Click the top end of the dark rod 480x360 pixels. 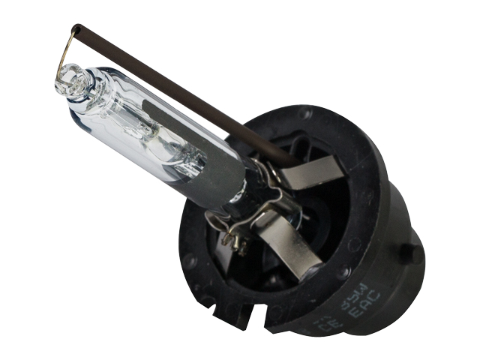tap(76, 30)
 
